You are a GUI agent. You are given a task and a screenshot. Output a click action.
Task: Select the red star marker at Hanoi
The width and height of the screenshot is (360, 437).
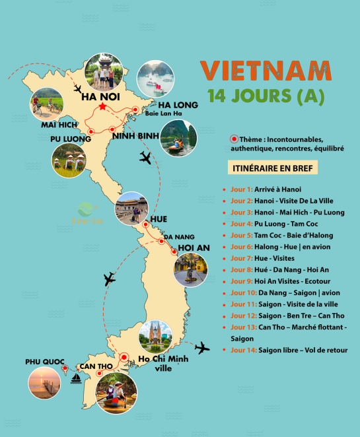[102, 106]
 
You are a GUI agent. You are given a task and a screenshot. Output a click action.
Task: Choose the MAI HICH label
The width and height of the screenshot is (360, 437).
[59, 124]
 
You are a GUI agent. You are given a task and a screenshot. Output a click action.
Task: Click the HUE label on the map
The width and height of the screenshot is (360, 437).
[159, 218]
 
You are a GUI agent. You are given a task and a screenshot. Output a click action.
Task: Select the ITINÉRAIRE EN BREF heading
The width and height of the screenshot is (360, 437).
[271, 168]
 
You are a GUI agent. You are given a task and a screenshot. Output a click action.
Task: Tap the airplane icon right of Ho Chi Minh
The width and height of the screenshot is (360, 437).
[202, 348]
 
